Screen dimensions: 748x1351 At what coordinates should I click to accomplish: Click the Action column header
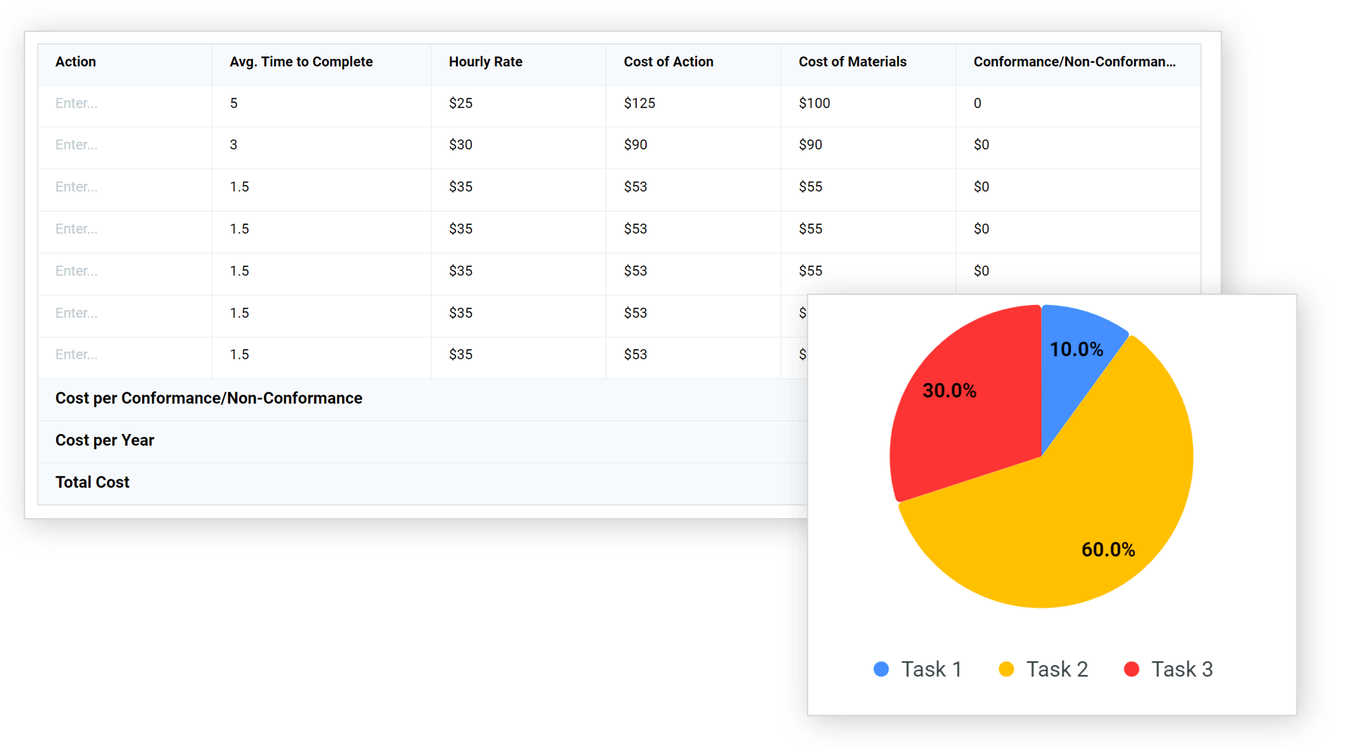tap(76, 62)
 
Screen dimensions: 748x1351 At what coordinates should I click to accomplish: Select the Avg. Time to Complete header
tap(301, 62)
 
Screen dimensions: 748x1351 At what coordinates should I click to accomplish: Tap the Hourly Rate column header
tap(486, 62)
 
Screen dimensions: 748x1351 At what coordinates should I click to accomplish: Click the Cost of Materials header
tap(853, 62)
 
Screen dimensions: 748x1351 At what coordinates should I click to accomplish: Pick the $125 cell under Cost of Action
tap(639, 103)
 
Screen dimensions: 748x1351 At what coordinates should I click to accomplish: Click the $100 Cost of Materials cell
tap(814, 103)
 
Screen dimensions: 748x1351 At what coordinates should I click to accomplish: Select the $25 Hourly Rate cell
tap(460, 103)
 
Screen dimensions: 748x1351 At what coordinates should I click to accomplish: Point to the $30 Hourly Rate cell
tap(460, 145)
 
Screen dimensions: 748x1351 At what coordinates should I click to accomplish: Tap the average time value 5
tap(234, 103)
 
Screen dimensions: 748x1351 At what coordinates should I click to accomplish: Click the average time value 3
tap(234, 145)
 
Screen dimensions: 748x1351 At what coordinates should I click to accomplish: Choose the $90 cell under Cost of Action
tap(636, 145)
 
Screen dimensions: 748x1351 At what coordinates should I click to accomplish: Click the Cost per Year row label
tap(104, 441)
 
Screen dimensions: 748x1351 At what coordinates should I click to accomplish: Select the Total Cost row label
tap(92, 482)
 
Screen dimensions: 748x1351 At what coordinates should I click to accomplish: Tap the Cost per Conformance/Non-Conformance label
tap(209, 398)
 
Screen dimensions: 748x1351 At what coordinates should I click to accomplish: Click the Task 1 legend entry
tap(918, 669)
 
